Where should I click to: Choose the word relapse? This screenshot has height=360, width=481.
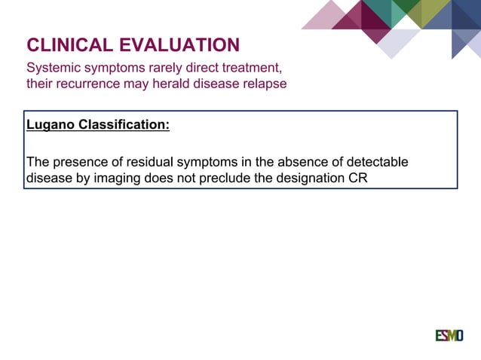262,84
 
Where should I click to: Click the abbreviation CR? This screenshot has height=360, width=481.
357,179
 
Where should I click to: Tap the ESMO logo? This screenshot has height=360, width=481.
449,335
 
